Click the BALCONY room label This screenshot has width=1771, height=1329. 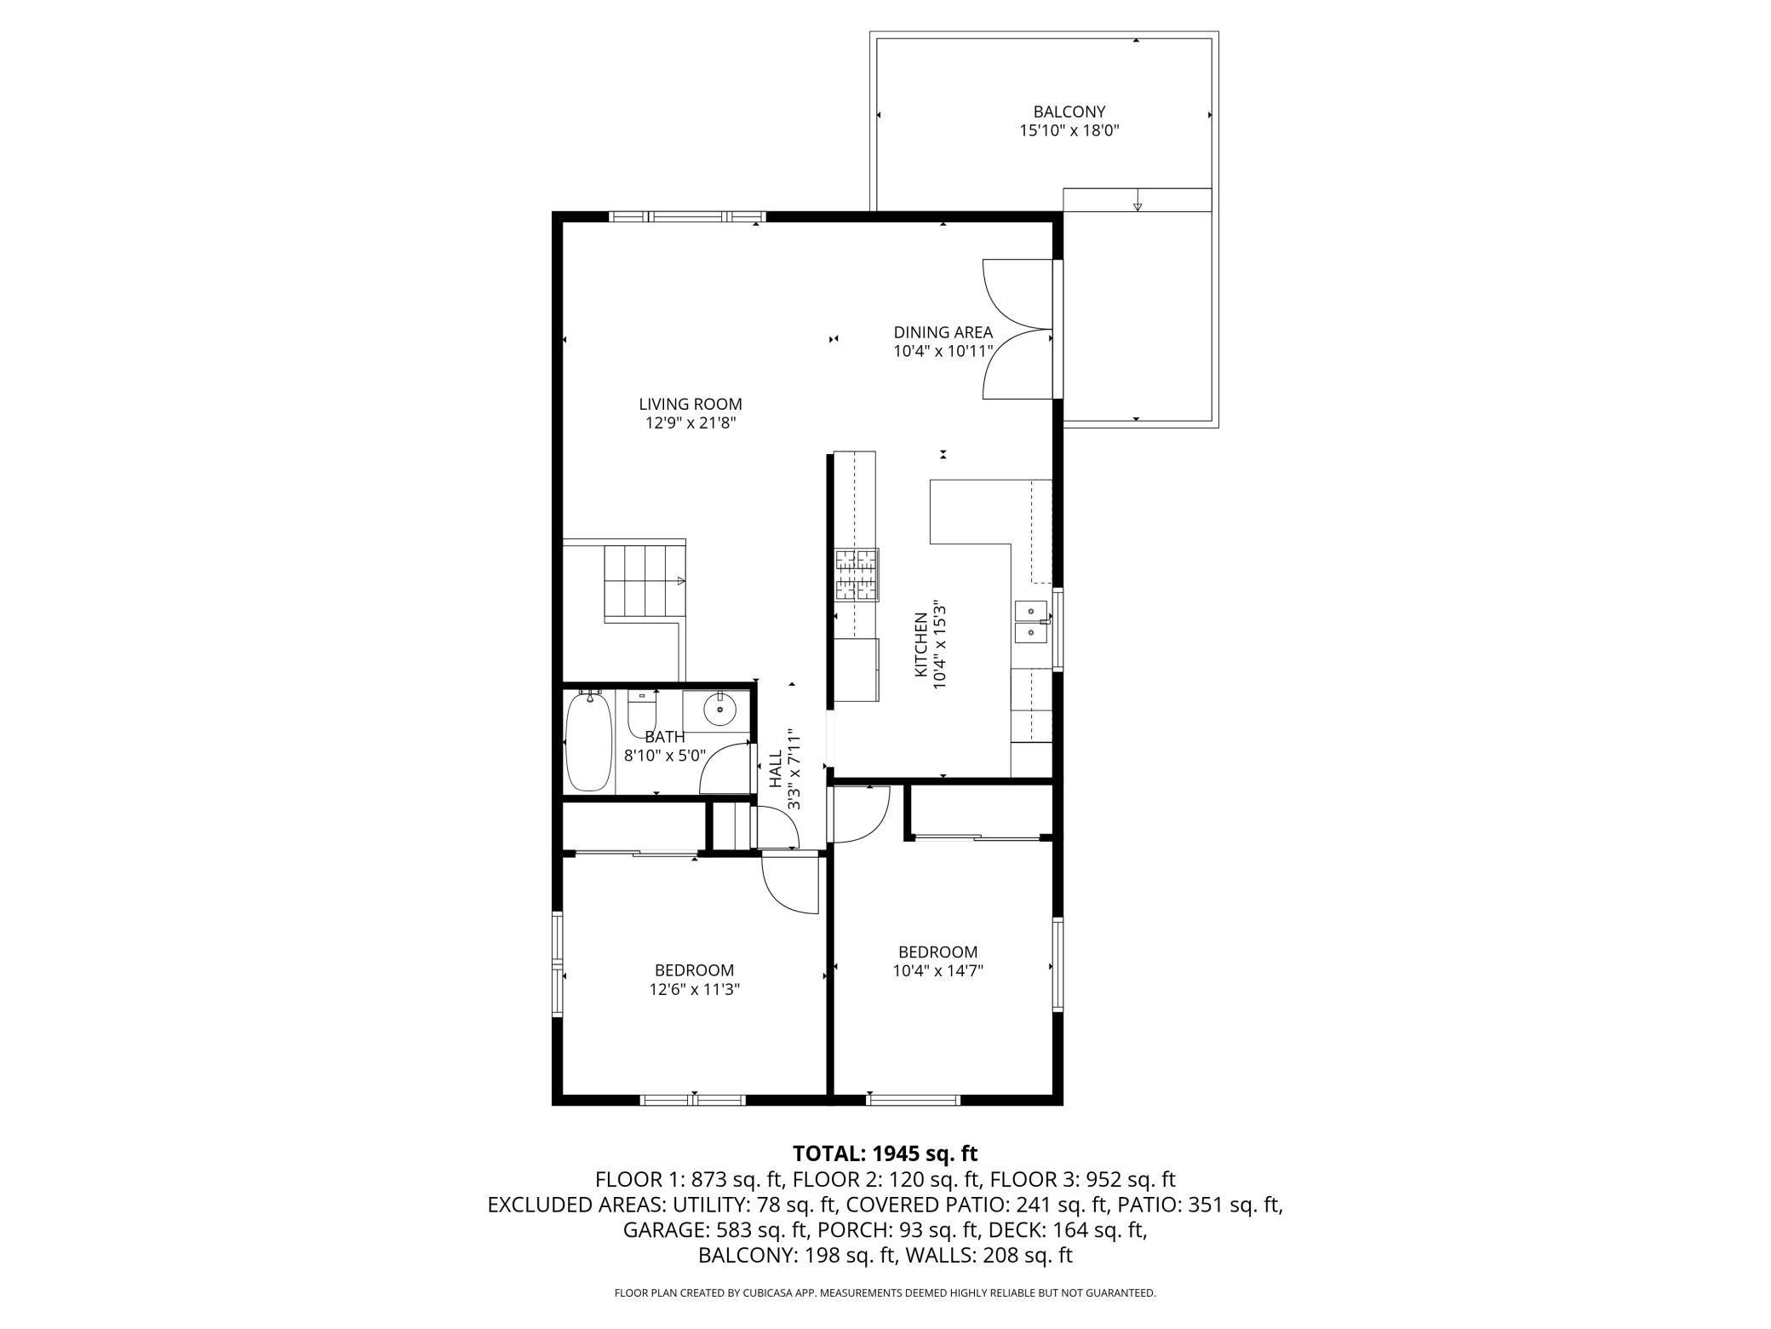pyautogui.click(x=1069, y=112)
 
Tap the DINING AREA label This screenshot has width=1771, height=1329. pyautogui.click(x=943, y=332)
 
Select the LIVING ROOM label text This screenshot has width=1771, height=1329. pyautogui.click(x=691, y=404)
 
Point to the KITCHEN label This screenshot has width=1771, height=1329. pyautogui.click(x=920, y=644)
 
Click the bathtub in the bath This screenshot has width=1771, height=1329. pyautogui.click(x=588, y=740)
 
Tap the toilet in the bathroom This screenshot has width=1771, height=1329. pyautogui.click(x=642, y=714)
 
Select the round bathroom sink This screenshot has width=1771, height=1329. pyautogui.click(x=719, y=708)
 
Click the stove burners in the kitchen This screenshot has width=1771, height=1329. pyautogui.click(x=856, y=575)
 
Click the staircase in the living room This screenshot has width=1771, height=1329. pyautogui.click(x=645, y=584)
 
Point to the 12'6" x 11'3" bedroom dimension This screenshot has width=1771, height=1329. pyautogui.click(x=694, y=989)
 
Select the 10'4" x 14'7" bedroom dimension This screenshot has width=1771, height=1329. pyautogui.click(x=938, y=970)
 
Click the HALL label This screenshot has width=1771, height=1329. pyautogui.click(x=776, y=768)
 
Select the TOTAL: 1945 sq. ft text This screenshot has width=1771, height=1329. pyautogui.click(x=885, y=1154)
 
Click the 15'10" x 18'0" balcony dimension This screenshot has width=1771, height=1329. pyautogui.click(x=1069, y=131)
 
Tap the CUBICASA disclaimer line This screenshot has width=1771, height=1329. pyautogui.click(x=885, y=1293)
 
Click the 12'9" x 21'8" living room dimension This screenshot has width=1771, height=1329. pyautogui.click(x=691, y=423)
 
